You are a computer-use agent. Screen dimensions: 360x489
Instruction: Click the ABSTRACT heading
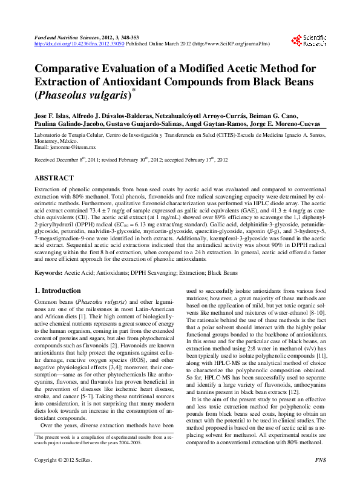point(54,179)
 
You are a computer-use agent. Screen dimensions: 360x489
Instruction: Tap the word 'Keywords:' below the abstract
point(49,272)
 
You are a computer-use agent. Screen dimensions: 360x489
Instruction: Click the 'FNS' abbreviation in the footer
point(321,478)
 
